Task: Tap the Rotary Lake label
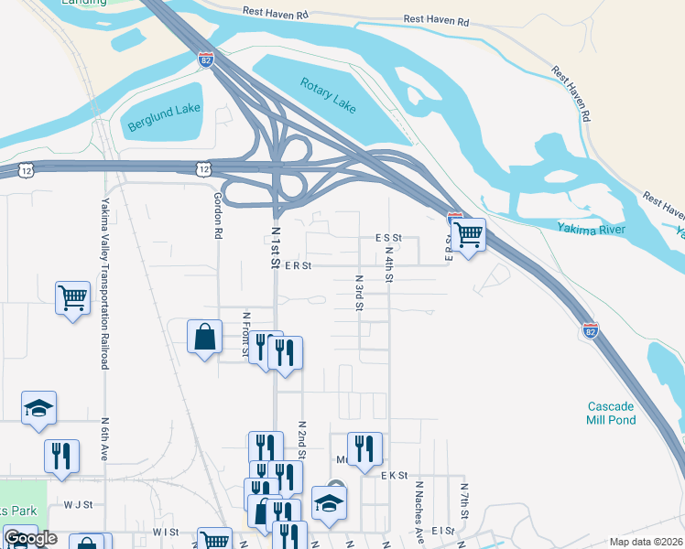coord(328,95)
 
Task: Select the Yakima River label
coord(591,228)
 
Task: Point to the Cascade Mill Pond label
coord(611,413)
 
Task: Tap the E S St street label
coord(389,237)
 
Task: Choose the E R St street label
coord(299,265)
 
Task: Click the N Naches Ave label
coord(419,510)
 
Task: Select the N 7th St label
coord(464,503)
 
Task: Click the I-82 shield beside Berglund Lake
coord(205,60)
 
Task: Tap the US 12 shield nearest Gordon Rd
coord(203,168)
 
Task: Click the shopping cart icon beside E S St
coord(468,234)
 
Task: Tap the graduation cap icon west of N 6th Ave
coord(39,408)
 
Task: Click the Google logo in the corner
coord(30,538)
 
